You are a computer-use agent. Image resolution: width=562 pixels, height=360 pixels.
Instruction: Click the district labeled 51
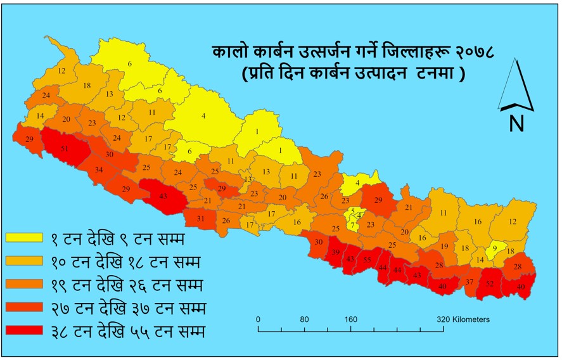65,149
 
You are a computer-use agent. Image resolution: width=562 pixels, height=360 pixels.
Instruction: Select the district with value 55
367,260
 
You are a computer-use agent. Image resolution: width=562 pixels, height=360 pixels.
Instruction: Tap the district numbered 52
490,285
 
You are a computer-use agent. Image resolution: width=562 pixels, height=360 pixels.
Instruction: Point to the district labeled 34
99,170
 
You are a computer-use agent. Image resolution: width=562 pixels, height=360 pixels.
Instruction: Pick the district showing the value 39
335,253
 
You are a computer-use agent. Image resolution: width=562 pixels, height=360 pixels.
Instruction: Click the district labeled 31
201,219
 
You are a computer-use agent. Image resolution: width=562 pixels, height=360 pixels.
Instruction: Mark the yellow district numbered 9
495,248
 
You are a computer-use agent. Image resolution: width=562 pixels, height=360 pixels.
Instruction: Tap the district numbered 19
445,247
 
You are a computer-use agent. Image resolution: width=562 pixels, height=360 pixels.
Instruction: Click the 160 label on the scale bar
350,319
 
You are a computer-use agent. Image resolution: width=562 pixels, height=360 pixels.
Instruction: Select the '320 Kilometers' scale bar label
463,319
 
